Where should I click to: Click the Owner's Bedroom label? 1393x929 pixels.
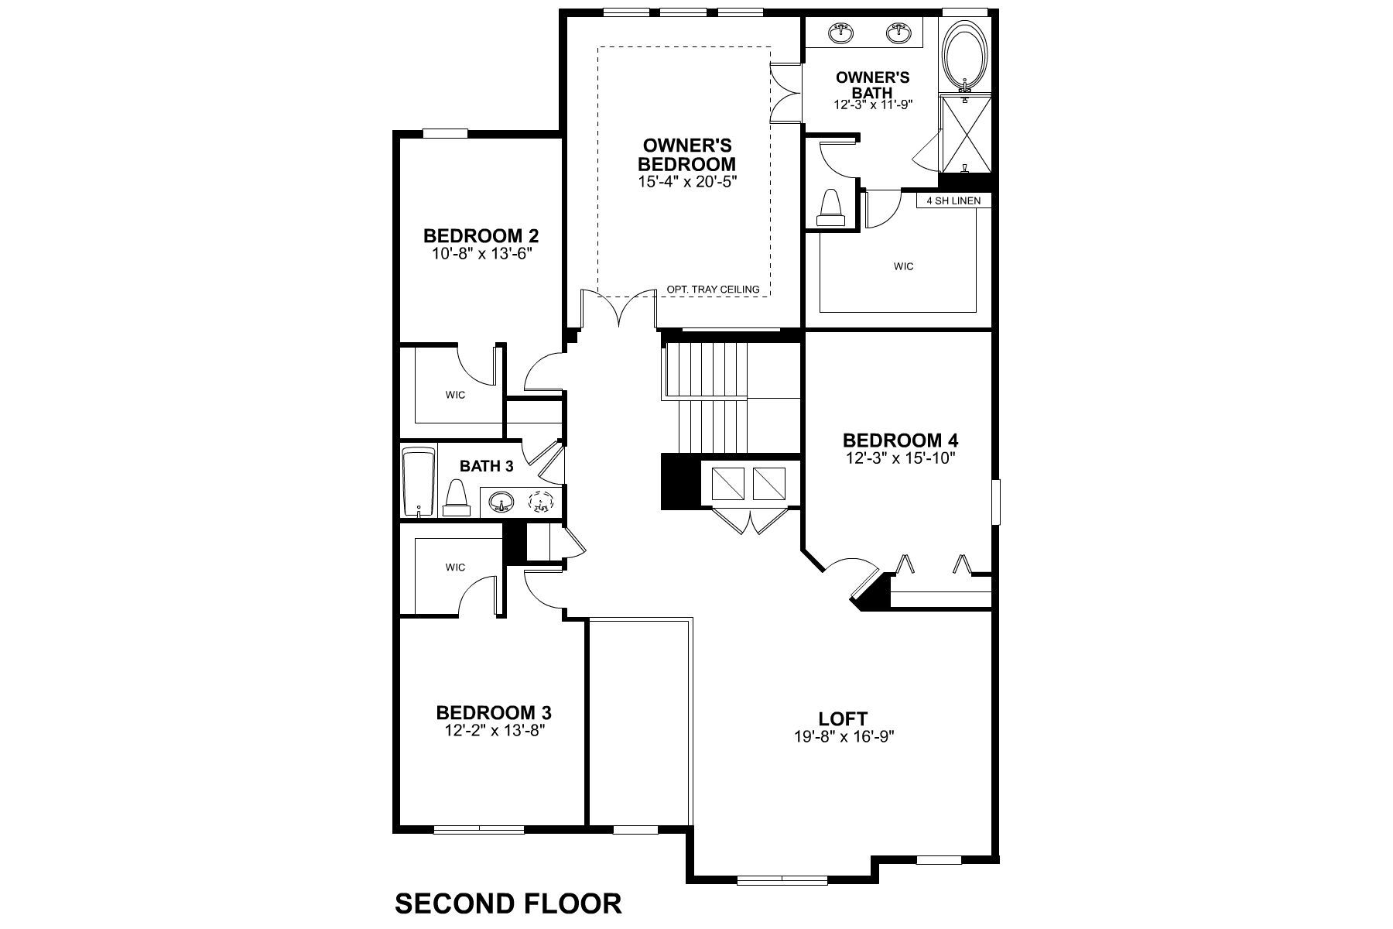coord(686,155)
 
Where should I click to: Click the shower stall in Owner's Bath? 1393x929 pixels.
coord(964,133)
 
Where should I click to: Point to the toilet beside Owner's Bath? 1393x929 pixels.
coord(830,208)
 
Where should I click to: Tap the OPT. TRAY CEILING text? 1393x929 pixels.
coord(713,290)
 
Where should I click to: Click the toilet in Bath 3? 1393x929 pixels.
coord(457,498)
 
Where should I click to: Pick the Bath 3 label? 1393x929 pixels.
coord(486,466)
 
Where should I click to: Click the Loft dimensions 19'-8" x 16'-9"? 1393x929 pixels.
coord(843,736)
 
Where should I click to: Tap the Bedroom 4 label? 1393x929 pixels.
coord(900,441)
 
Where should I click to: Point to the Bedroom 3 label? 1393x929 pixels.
coord(494,712)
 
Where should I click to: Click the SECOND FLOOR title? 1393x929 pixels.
coord(508,903)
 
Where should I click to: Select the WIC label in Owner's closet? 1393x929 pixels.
coord(903,266)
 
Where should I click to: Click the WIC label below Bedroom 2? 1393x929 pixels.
coord(455,396)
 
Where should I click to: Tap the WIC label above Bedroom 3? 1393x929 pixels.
coord(455,567)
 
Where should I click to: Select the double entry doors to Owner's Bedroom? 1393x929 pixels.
coord(618,310)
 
